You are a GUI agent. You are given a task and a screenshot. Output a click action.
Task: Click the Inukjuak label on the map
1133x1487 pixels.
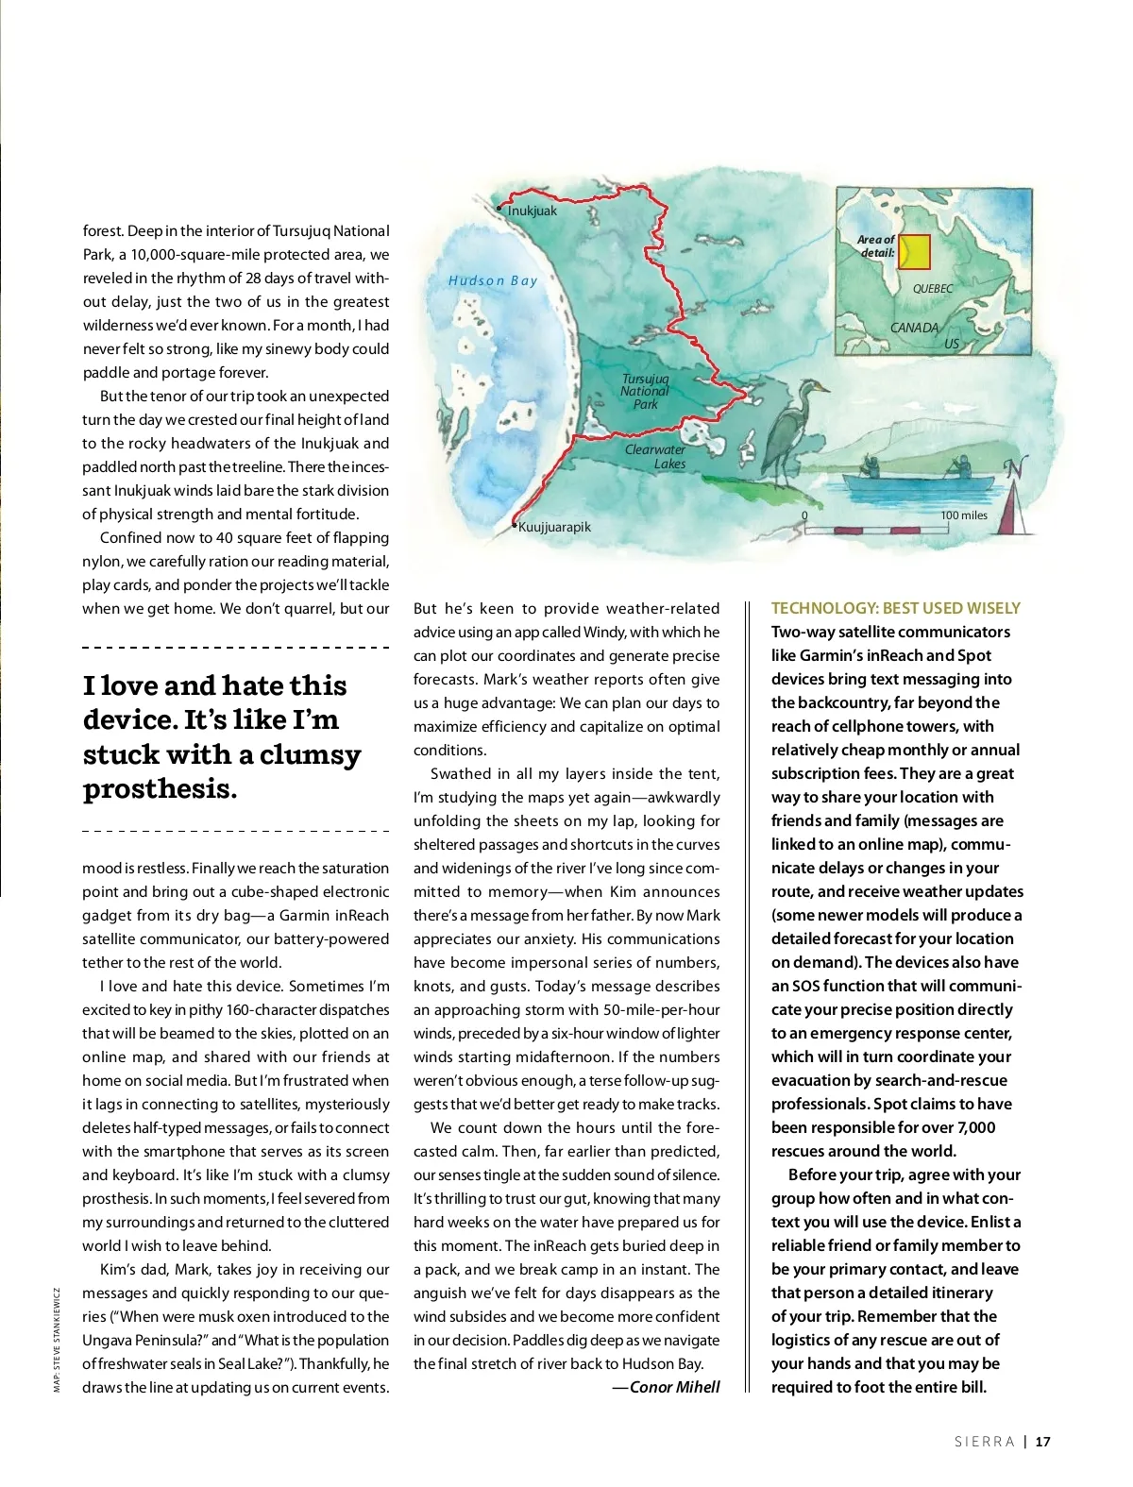point(533,211)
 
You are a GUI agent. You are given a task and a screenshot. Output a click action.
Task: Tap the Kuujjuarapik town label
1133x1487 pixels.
point(554,527)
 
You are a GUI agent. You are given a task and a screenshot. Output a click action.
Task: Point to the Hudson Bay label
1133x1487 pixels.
point(493,280)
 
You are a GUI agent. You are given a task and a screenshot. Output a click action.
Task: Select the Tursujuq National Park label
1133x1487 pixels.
point(645,391)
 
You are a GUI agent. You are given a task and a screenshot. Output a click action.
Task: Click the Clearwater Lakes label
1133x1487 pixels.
point(657,456)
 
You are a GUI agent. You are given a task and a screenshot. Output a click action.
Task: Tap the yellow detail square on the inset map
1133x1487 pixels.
point(914,252)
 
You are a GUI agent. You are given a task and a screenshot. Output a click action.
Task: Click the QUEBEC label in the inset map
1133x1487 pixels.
point(933,289)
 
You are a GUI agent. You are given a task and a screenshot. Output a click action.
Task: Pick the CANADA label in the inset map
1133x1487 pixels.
point(914,328)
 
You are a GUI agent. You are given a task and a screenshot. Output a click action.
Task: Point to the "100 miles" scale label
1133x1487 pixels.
point(964,515)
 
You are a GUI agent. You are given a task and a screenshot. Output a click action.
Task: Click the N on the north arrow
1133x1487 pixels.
point(1016,466)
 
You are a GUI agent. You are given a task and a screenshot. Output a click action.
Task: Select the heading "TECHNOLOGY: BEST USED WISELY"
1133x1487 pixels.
point(895,608)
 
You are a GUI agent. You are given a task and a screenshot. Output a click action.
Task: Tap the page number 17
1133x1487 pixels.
point(1042,1442)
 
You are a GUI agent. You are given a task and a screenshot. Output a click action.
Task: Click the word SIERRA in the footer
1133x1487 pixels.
point(984,1442)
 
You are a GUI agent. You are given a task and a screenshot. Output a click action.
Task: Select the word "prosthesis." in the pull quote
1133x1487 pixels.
point(161,788)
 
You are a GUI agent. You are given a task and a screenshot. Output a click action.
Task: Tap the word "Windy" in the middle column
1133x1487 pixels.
point(604,632)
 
